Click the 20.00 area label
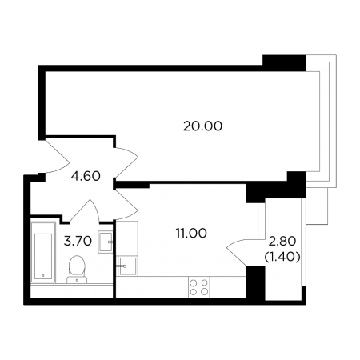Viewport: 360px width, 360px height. pos(202,126)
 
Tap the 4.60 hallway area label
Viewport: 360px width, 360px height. pos(86,176)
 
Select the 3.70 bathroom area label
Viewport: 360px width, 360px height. pos(78,241)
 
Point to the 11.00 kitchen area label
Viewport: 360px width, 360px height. pos(191,233)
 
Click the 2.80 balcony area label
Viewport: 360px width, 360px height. pos(282,242)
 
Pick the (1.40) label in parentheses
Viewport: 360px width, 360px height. pos(282,257)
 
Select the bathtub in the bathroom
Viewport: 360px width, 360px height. pos(43,252)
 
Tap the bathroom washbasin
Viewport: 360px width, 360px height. pos(106,242)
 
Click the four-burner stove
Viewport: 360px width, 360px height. pos(199,287)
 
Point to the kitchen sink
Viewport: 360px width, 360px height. pos(127,266)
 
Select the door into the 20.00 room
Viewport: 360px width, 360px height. pos(126,162)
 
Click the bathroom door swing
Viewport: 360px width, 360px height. pos(85,210)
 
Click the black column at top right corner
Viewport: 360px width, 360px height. pos(284,63)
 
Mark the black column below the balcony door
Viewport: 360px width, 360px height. pos(256,282)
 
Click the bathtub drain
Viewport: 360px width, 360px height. pos(43,276)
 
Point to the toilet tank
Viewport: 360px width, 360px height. pos(77,280)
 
